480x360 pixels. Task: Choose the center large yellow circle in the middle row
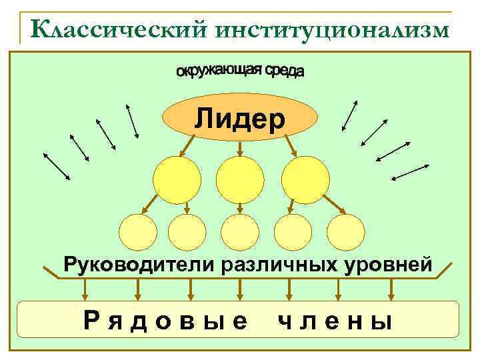(x=240, y=179)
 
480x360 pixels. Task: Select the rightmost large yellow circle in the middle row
(x=305, y=179)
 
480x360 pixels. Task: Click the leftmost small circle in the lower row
(x=138, y=232)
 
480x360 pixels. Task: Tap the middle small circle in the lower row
(x=239, y=232)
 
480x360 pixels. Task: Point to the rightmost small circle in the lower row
(x=345, y=232)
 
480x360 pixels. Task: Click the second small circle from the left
(x=187, y=232)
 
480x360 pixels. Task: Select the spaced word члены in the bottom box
(x=334, y=322)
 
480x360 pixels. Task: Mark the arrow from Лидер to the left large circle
(x=187, y=144)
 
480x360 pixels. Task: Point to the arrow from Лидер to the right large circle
(x=291, y=144)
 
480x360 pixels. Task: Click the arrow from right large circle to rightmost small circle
(x=333, y=204)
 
